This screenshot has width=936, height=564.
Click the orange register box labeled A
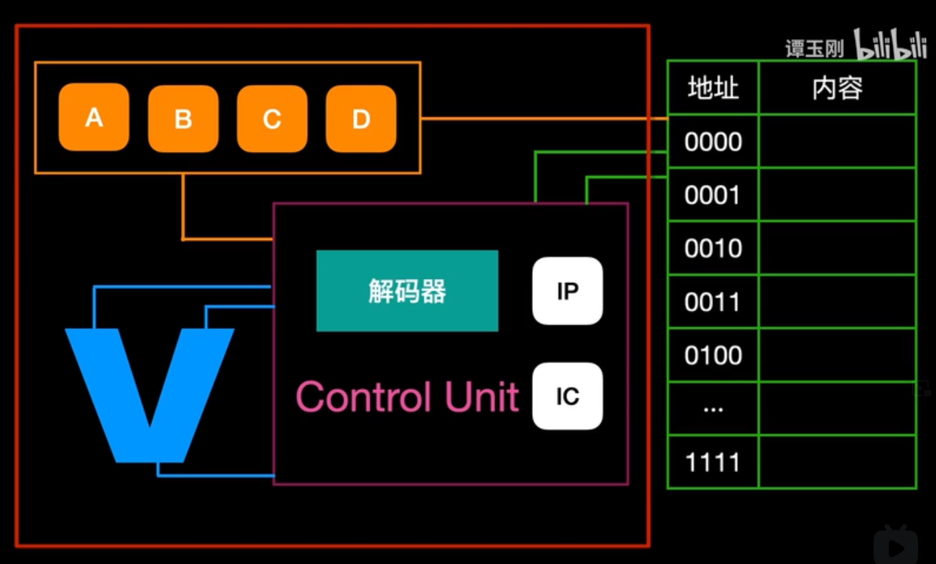(x=94, y=117)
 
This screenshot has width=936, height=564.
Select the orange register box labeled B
(x=183, y=119)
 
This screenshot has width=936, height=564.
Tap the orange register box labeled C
(x=272, y=119)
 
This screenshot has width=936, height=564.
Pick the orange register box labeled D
(x=361, y=119)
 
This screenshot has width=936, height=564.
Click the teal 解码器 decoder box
(x=407, y=291)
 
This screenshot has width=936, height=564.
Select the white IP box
(x=567, y=291)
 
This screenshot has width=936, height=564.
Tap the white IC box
(x=567, y=396)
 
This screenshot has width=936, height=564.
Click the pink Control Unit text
(x=407, y=396)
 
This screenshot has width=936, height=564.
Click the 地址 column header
(x=713, y=88)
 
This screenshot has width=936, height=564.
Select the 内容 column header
(x=837, y=88)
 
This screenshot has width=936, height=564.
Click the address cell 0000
(x=713, y=142)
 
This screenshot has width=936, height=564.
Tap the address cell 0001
(x=713, y=195)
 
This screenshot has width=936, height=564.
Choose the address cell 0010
(x=713, y=248)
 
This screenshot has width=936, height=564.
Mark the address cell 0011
(x=713, y=302)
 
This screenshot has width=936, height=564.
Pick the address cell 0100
(x=713, y=355)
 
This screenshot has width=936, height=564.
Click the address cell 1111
(x=713, y=463)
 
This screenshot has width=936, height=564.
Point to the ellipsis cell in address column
(x=713, y=408)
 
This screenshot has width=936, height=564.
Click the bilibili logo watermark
(x=890, y=45)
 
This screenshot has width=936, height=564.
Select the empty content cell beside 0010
(x=837, y=248)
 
